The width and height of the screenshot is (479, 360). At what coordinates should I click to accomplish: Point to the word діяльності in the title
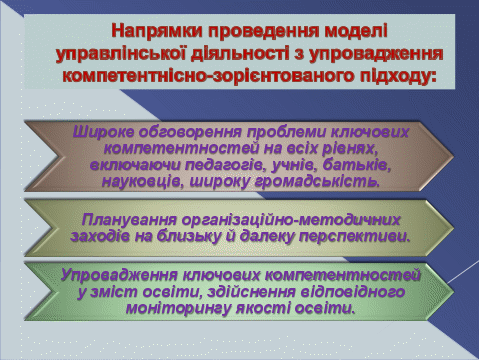tap(240, 53)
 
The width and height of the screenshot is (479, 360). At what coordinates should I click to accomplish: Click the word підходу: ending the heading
tap(398, 76)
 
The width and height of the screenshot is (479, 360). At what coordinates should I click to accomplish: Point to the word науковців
tap(142, 182)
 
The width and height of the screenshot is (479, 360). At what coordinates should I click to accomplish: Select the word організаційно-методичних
tap(291, 220)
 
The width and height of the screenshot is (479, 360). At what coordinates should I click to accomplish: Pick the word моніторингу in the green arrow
tap(178, 309)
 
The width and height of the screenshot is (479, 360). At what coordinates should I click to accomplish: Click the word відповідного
tap(353, 292)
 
